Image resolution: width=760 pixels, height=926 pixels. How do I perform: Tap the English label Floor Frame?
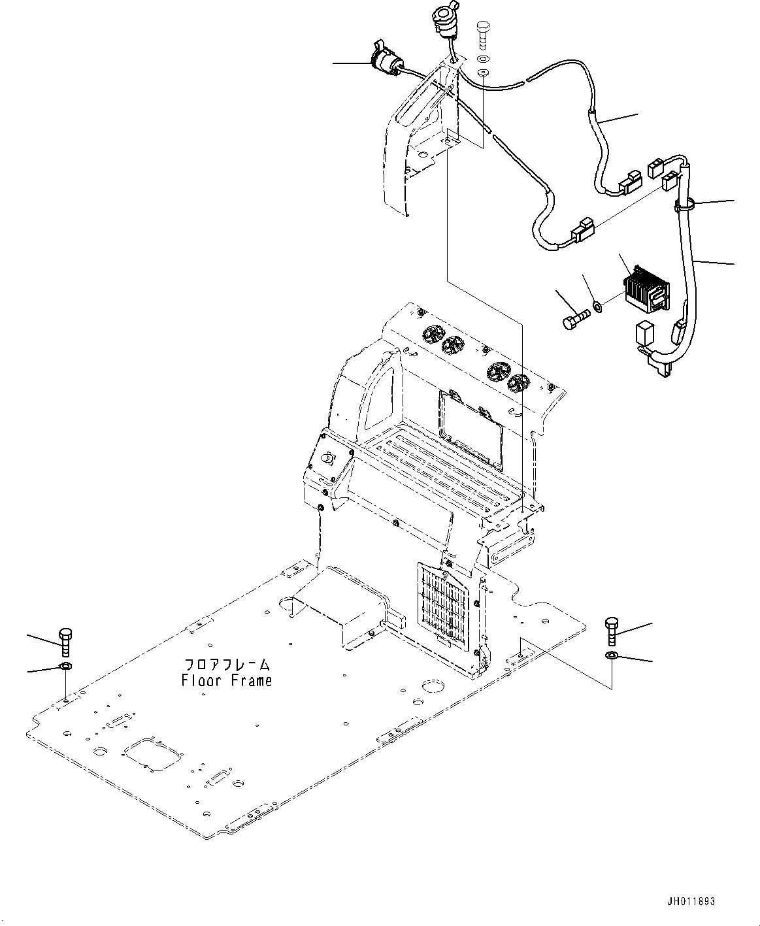[226, 680]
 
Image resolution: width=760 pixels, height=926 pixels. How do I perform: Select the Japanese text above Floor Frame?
[226, 665]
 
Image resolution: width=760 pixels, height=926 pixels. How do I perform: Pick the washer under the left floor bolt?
[65, 667]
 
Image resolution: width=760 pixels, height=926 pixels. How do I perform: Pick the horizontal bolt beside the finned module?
[574, 318]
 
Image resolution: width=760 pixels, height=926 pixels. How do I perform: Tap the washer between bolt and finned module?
[597, 305]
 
